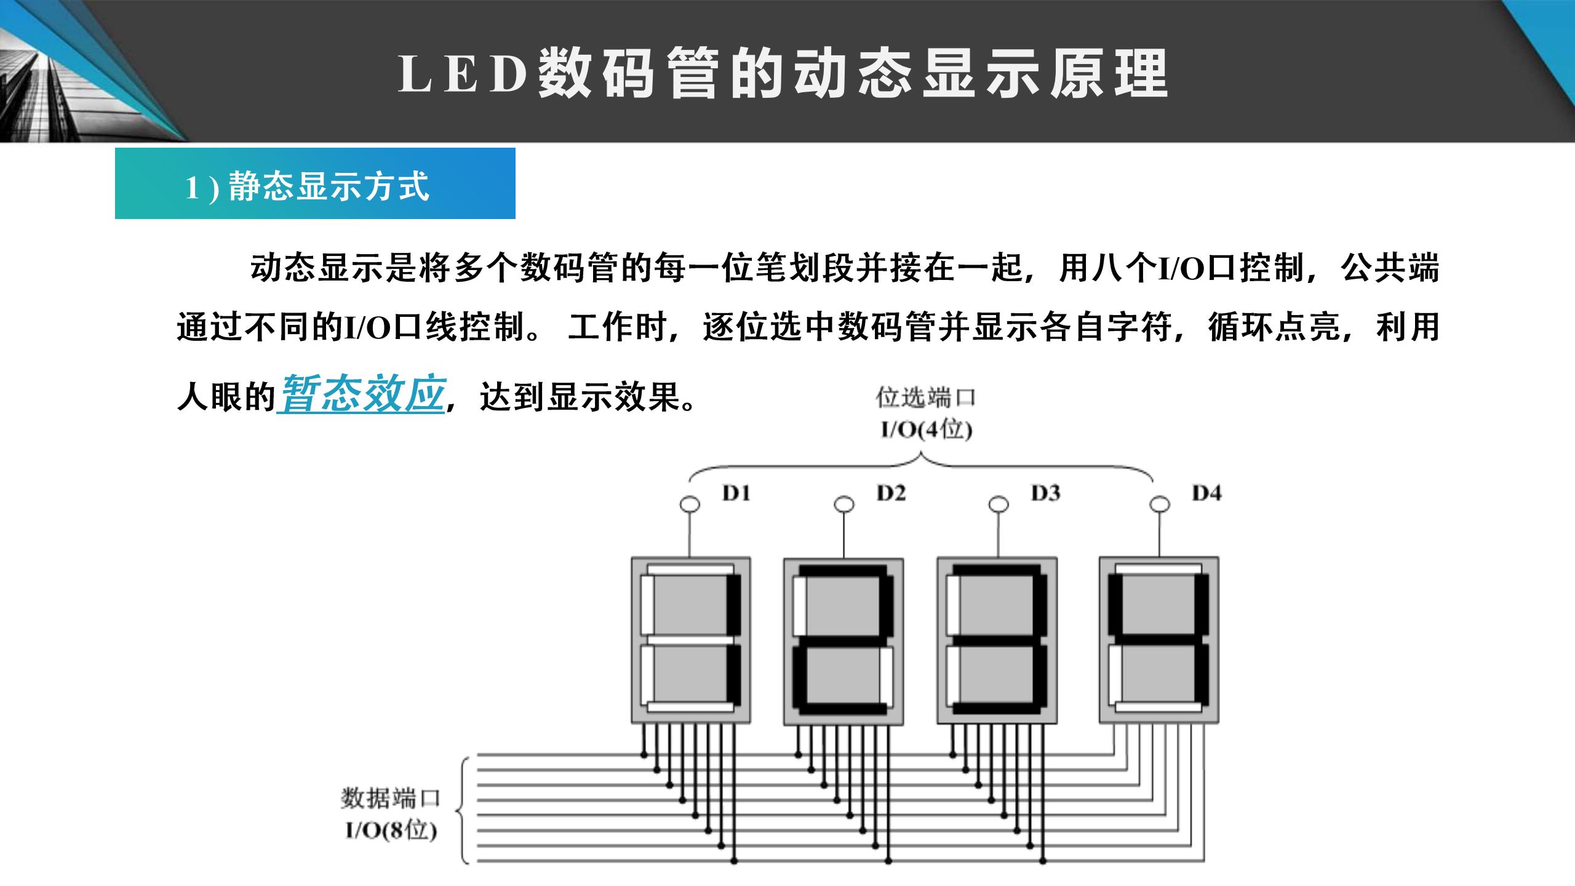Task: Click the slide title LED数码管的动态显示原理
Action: click(x=783, y=74)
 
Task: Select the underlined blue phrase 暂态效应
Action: click(x=362, y=393)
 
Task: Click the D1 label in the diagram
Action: click(x=736, y=493)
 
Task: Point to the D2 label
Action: click(x=891, y=493)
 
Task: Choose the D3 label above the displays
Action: click(x=1045, y=493)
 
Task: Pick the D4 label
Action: click(x=1206, y=493)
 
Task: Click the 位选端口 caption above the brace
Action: click(x=925, y=398)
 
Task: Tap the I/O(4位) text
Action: click(x=926, y=430)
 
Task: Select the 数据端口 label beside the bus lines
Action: click(x=391, y=798)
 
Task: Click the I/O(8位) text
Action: click(x=391, y=831)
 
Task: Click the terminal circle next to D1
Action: click(x=690, y=505)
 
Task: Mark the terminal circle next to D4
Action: click(x=1159, y=505)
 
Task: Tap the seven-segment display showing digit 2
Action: click(x=843, y=641)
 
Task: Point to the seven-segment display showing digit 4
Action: click(x=1159, y=640)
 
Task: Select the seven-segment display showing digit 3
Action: click(x=997, y=641)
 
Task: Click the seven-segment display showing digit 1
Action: click(x=691, y=640)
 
